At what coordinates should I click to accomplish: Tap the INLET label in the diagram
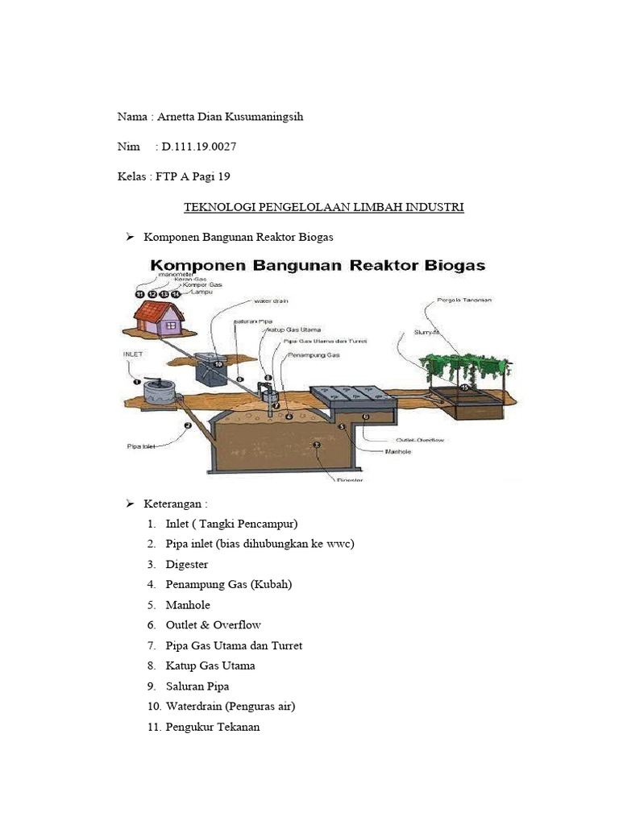[x=134, y=353]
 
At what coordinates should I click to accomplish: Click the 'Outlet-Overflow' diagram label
[x=420, y=440]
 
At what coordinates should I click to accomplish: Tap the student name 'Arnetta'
[x=177, y=117]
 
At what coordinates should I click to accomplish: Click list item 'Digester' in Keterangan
[x=186, y=565]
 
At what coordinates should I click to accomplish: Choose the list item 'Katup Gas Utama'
[x=210, y=665]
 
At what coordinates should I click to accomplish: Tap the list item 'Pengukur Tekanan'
[x=213, y=727]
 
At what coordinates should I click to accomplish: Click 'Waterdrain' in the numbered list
[x=194, y=707]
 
